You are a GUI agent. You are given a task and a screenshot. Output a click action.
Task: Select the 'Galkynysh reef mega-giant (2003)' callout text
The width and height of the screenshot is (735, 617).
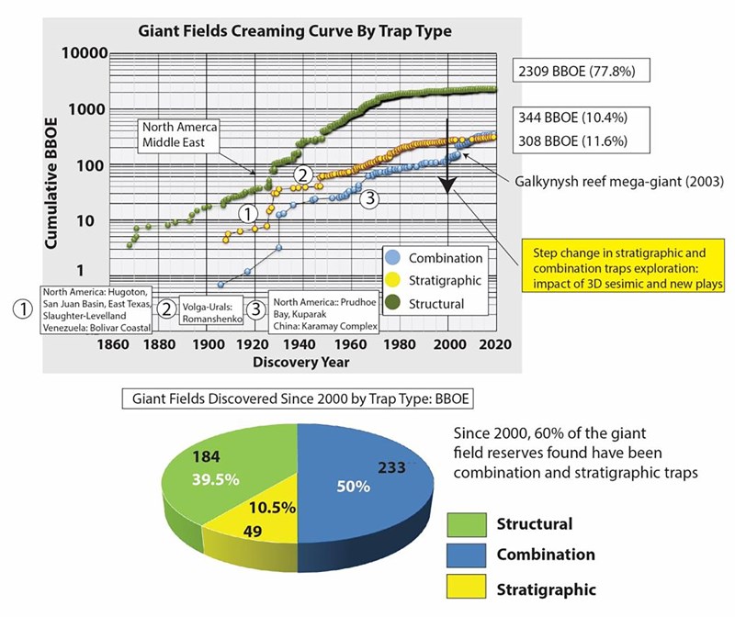[x=614, y=182]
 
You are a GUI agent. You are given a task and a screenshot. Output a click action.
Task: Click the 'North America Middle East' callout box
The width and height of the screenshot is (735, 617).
[x=180, y=135]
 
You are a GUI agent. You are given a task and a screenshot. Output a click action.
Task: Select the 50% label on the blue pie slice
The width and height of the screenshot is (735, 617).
[x=351, y=487]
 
